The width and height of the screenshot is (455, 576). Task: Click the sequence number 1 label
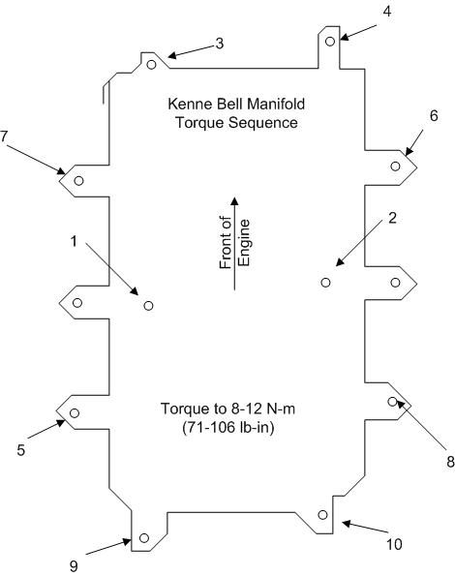click(75, 241)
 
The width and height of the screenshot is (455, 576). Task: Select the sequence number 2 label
click(392, 218)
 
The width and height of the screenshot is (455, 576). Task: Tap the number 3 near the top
click(219, 44)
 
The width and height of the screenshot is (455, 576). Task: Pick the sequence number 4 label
click(386, 12)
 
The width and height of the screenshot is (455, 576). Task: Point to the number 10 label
click(394, 544)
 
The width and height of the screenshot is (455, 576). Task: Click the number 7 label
click(4, 136)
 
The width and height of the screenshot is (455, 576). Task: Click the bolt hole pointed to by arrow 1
click(148, 306)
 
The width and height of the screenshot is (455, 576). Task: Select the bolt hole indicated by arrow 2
click(325, 283)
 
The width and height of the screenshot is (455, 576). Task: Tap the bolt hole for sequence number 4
click(330, 41)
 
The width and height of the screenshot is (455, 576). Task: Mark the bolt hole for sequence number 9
click(144, 538)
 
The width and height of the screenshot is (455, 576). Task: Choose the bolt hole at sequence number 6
click(395, 167)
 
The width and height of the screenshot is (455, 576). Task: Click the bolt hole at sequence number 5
click(75, 413)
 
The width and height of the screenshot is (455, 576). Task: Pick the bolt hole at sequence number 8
click(393, 402)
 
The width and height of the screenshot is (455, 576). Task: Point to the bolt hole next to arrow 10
click(322, 515)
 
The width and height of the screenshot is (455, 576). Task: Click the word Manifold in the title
click(276, 104)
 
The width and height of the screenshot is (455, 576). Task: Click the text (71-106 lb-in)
click(228, 428)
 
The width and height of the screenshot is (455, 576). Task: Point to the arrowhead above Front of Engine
click(234, 201)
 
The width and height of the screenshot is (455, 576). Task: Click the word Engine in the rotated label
click(245, 243)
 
